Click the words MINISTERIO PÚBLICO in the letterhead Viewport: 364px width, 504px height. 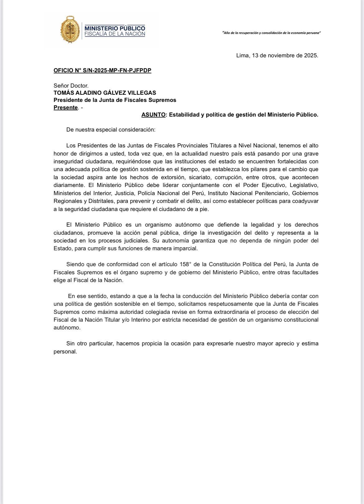tap(114, 28)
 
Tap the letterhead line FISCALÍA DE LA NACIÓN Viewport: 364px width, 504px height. tap(114, 34)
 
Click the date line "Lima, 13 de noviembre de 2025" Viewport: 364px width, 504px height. tap(277, 55)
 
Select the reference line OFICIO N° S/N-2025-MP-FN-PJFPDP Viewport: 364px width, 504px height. tap(102, 70)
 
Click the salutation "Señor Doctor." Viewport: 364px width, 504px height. tap(71, 85)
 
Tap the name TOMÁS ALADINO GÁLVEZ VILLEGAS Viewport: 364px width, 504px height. tap(105, 93)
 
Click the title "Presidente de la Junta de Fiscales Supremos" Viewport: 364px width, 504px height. tap(115, 100)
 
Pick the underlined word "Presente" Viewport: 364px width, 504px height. tap(65, 108)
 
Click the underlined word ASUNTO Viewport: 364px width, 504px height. tap(153, 115)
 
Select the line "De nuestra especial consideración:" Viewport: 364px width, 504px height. tap(110, 130)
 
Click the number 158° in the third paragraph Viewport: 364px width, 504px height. tap(187, 264)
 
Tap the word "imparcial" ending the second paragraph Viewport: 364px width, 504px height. tap(185, 249)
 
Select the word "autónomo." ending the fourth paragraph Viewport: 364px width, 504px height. tap(67, 328)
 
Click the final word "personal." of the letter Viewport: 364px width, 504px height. tap(65, 352)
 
